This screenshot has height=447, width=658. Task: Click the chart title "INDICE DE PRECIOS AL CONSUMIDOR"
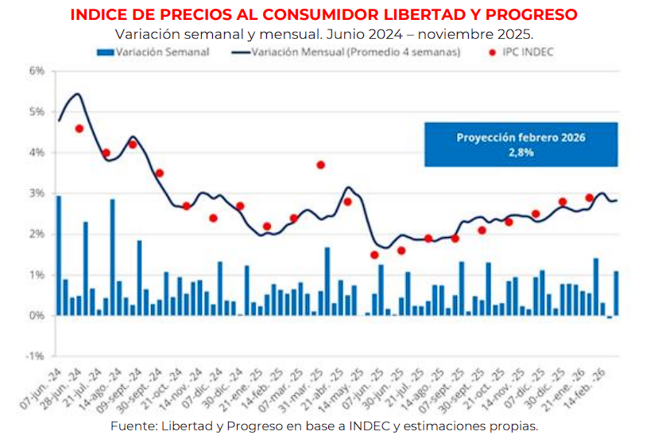[x=323, y=15]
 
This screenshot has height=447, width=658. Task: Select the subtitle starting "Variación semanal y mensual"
[x=323, y=34]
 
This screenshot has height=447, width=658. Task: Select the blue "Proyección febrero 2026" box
[x=521, y=144]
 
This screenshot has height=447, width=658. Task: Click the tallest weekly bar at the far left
[x=59, y=255]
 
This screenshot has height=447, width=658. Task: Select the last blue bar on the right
[x=616, y=293]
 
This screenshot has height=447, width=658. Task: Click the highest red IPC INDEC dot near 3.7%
[x=320, y=165]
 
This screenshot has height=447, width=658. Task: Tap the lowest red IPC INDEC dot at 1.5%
[x=374, y=255]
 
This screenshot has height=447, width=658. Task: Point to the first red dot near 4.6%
[x=79, y=128]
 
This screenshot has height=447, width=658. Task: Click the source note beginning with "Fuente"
[x=324, y=426]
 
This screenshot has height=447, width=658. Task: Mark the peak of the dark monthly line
[x=77, y=94]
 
